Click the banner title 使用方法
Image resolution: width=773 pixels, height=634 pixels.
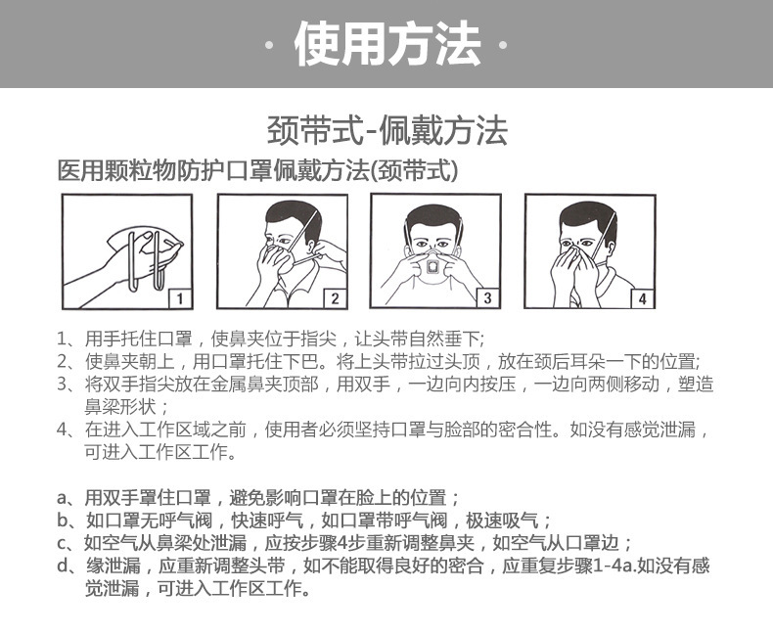(x=386, y=45)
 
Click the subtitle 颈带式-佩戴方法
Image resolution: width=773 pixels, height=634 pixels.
(x=386, y=129)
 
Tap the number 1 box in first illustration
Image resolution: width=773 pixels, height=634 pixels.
(x=183, y=297)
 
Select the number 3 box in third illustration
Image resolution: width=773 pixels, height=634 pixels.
(x=487, y=297)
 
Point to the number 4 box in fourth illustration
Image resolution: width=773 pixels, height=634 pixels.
(x=641, y=297)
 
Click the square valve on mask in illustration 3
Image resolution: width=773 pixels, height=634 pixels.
(x=432, y=266)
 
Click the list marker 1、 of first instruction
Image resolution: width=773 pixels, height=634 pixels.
(x=68, y=340)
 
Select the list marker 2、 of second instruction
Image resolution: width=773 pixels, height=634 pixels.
(x=68, y=361)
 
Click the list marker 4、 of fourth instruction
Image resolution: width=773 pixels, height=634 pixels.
(x=68, y=430)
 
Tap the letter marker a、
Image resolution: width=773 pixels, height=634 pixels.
(x=68, y=497)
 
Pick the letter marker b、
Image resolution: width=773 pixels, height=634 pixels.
(x=68, y=521)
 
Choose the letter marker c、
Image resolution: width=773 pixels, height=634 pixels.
(x=68, y=544)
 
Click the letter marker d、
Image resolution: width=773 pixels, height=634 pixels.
(x=68, y=566)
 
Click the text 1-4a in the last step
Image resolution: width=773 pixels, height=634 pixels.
(x=614, y=566)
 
